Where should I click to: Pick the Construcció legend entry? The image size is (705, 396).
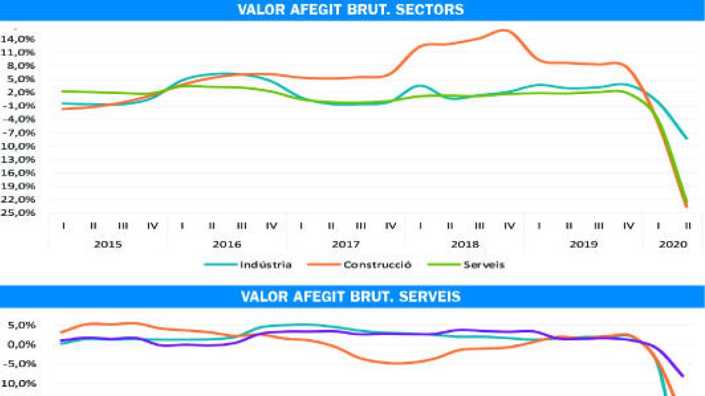(378, 265)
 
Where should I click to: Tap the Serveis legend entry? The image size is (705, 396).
(484, 265)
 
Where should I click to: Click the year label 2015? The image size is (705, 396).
(108, 244)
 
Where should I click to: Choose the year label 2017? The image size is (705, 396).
(345, 244)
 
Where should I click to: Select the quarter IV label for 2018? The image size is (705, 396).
(509, 226)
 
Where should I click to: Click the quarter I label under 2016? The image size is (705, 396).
(183, 226)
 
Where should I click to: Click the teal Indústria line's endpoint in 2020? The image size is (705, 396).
(686, 138)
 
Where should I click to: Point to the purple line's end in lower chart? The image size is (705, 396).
(683, 375)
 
